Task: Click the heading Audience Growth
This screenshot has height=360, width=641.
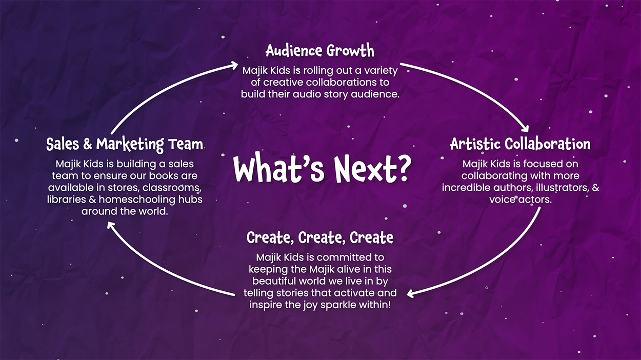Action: click(x=320, y=51)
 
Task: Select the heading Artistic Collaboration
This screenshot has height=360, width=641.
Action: click(x=520, y=144)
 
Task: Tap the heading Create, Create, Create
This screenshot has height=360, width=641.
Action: click(x=320, y=237)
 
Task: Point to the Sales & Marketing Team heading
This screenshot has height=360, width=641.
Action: click(x=125, y=144)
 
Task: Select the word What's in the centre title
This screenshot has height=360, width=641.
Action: click(x=279, y=168)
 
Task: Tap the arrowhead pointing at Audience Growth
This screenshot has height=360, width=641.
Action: click(x=233, y=66)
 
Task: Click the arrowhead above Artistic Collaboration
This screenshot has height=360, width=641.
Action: click(x=525, y=129)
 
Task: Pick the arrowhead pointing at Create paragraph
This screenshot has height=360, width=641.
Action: click(x=411, y=294)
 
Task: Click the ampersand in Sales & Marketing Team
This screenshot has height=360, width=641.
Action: click(x=88, y=144)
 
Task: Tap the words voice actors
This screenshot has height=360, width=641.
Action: click(x=520, y=199)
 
